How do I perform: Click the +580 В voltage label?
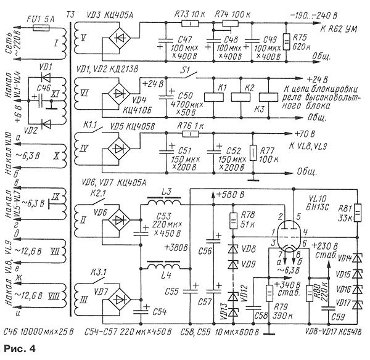pyautogui.click(x=232, y=195)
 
